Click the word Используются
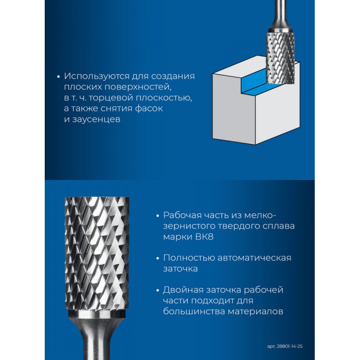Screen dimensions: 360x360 [97, 77]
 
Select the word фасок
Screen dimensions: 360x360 [149, 109]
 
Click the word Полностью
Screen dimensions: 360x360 [189, 258]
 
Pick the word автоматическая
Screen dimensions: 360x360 [254, 258]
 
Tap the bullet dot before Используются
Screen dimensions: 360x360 [58, 77]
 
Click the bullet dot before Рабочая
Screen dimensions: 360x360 [157, 216]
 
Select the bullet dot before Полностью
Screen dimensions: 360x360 [157, 259]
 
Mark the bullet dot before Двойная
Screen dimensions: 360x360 [157, 291]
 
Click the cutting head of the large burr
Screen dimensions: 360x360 [97, 253]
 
